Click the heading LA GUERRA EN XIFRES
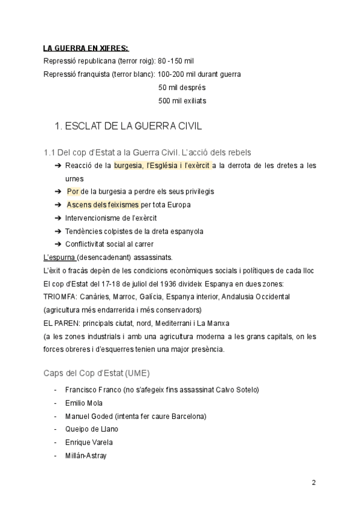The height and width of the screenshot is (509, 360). point(86,48)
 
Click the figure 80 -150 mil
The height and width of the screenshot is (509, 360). point(176,61)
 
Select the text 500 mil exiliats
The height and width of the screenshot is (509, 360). point(182,101)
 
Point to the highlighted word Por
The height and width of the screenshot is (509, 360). point(73,191)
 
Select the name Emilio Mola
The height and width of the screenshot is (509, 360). point(84,403)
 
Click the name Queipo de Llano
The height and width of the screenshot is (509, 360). point(92,429)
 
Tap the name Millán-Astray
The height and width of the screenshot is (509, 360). point(86,456)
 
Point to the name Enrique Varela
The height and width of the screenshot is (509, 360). point(89,442)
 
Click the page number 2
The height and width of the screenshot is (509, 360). point(314,483)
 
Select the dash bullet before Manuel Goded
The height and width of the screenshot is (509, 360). point(55,416)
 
